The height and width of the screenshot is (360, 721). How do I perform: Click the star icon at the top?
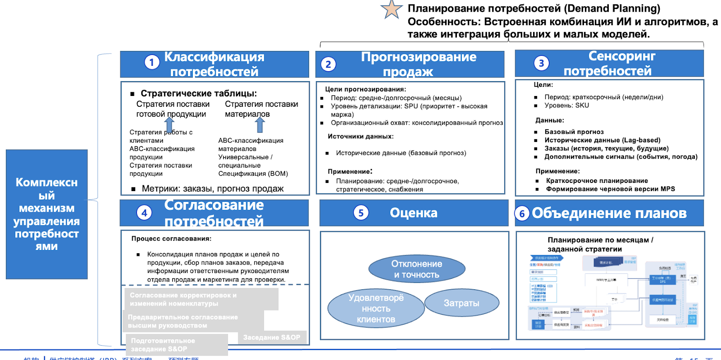(x=392, y=9)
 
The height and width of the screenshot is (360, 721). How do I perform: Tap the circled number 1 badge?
(x=152, y=62)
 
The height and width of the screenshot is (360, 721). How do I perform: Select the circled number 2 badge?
(x=328, y=64)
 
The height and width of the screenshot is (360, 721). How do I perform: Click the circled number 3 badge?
(x=541, y=63)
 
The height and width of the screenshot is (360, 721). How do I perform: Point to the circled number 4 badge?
(x=144, y=213)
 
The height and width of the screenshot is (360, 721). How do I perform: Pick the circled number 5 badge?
(x=361, y=213)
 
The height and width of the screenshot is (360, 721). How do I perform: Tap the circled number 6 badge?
(x=522, y=214)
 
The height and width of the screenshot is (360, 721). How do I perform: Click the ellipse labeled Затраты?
(x=461, y=303)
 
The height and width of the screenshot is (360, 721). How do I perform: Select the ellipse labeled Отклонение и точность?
(x=417, y=269)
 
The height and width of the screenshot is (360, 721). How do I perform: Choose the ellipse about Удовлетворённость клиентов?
(x=376, y=309)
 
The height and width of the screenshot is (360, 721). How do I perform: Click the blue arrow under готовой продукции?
(x=169, y=124)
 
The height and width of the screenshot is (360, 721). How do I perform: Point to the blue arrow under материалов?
(x=260, y=124)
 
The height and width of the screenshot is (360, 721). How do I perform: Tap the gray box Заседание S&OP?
(x=272, y=337)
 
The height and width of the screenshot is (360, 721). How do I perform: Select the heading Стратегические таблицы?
(x=199, y=93)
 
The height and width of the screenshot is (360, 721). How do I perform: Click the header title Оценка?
(x=413, y=213)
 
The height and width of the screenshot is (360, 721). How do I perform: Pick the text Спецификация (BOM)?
(x=253, y=173)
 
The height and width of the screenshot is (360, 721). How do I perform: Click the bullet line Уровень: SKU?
(x=566, y=105)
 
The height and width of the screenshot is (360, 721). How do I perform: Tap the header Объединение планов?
(x=609, y=213)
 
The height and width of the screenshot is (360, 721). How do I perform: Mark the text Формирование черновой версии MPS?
(x=610, y=189)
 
